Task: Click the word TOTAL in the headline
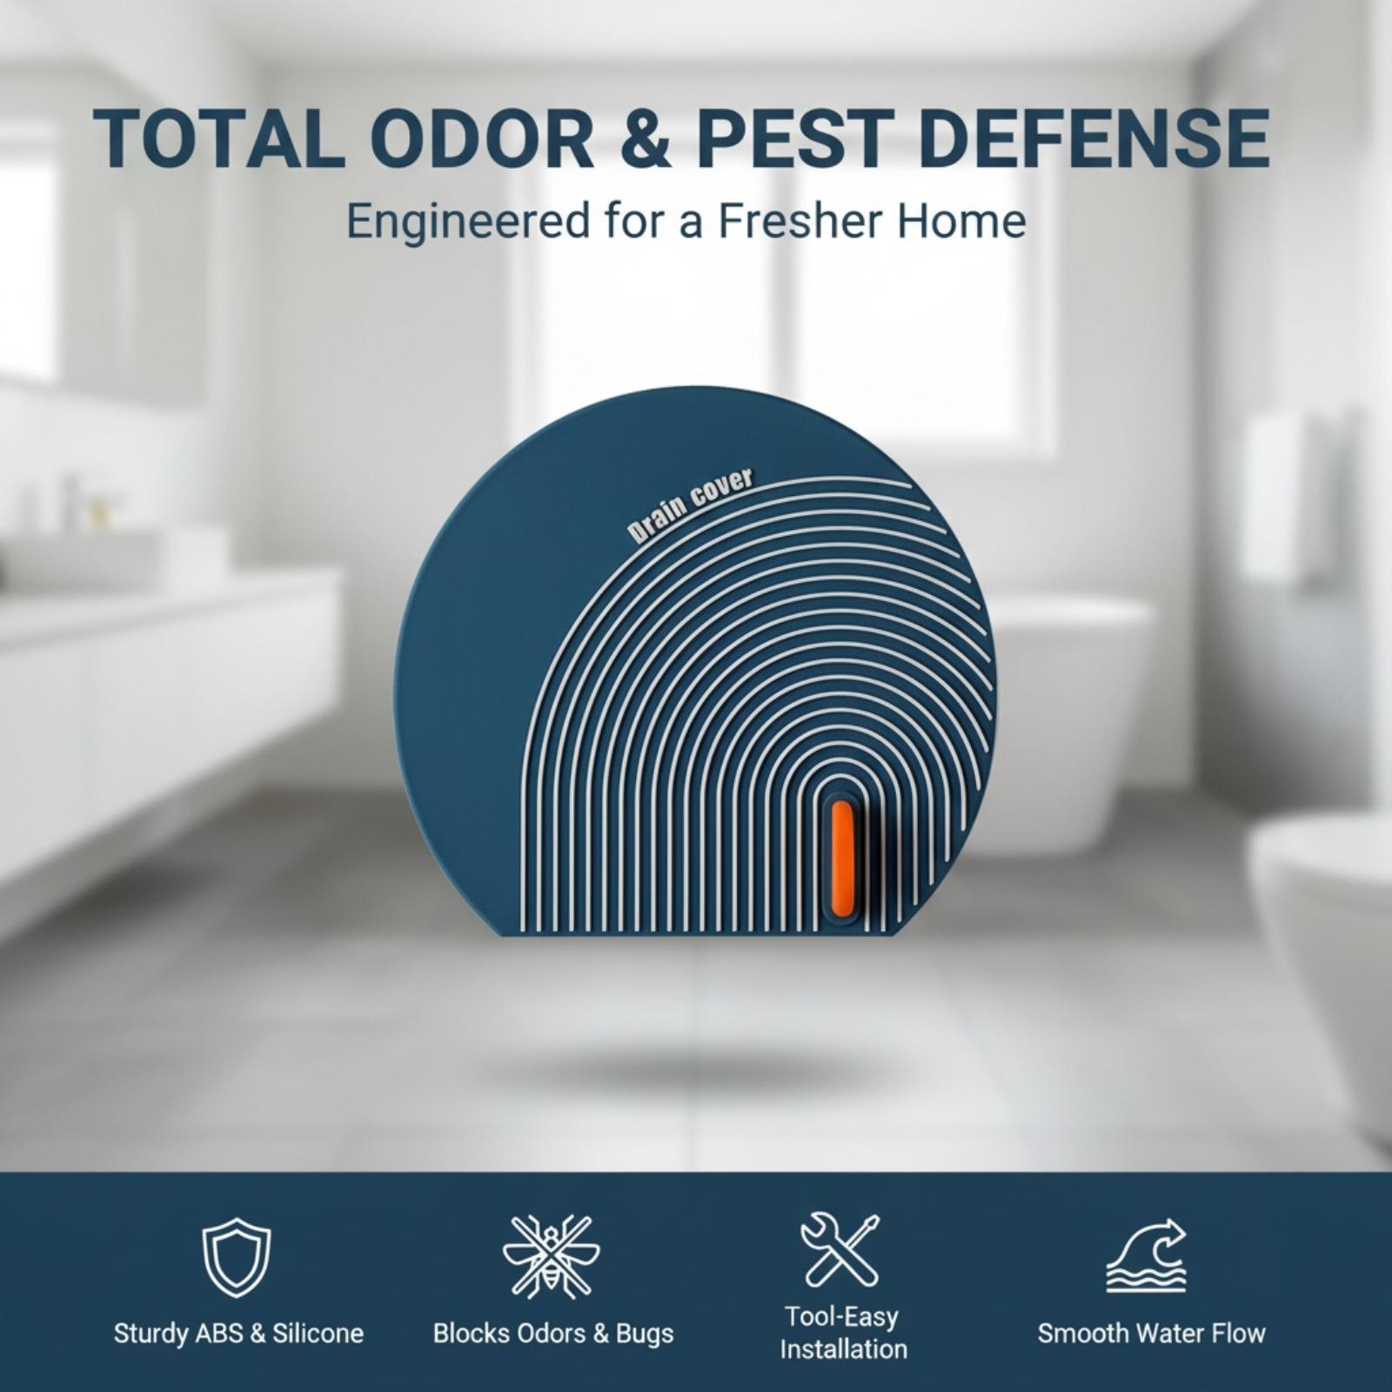[217, 138]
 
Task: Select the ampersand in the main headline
[648, 138]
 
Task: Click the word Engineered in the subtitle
[468, 223]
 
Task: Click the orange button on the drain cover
[841, 858]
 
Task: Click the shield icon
[237, 1257]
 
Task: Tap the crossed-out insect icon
[552, 1256]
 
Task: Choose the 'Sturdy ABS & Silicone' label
[238, 1333]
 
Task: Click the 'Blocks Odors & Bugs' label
[553, 1333]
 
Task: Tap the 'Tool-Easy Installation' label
[843, 1332]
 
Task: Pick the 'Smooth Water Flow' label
[1151, 1333]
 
